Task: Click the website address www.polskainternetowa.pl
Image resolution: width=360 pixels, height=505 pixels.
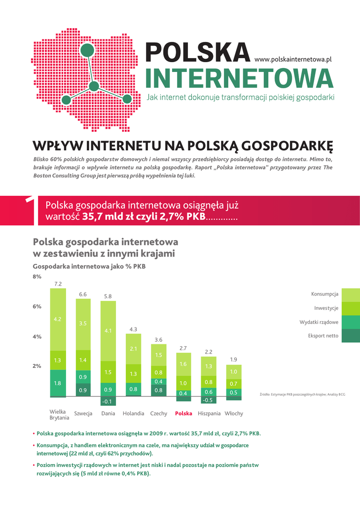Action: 292,59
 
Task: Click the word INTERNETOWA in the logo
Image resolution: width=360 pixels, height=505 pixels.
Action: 240,78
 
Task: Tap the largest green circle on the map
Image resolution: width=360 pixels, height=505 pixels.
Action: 87,50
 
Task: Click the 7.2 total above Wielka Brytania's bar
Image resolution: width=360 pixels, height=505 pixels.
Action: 58,284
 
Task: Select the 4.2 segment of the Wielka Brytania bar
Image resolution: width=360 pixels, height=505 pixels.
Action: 58,319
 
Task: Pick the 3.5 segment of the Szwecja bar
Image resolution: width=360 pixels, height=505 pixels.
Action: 83,323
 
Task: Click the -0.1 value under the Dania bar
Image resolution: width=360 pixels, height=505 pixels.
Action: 108,401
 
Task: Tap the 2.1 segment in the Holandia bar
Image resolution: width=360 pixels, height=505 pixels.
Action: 133,349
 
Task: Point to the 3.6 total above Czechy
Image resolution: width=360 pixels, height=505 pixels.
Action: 158,340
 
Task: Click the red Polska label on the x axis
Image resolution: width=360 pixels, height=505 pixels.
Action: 183,413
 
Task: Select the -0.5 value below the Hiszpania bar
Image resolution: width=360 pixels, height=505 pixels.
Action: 209,400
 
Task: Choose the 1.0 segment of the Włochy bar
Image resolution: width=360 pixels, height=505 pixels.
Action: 234,371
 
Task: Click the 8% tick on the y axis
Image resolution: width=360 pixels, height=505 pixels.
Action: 37,277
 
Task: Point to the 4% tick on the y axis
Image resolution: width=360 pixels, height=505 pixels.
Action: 37,337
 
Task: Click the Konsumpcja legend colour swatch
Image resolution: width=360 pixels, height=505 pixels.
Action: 351,294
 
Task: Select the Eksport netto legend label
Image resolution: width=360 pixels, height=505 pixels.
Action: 323,336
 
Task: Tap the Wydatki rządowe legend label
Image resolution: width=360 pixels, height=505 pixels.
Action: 319,322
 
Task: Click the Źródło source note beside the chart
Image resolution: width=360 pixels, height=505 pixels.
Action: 302,394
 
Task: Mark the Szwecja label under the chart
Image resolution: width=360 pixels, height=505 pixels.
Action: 83,413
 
